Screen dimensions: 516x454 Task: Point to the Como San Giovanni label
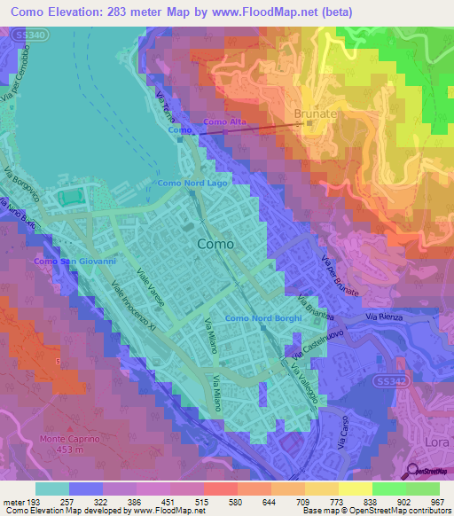[74, 262]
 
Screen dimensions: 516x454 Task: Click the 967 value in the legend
[436, 502]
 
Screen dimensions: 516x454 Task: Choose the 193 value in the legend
[36, 502]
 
